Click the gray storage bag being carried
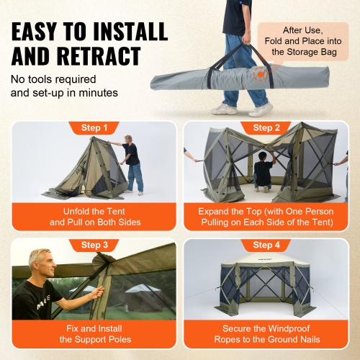(x=216, y=78)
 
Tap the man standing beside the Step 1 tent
(x=132, y=164)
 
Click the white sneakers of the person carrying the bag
(x=242, y=109)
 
